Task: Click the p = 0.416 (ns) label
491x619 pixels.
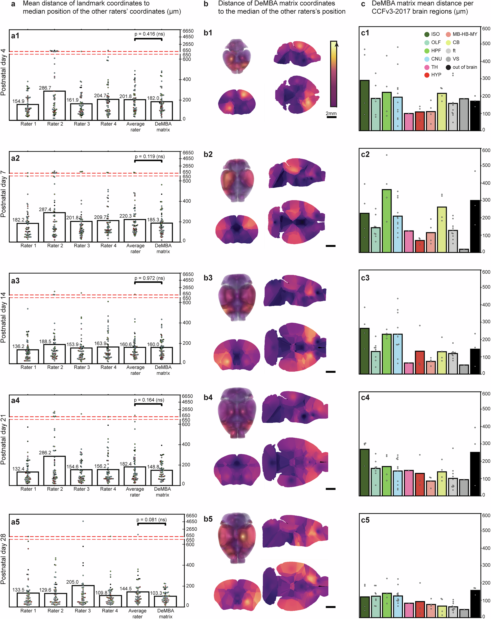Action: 149,34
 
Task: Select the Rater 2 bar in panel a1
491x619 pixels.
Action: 54,105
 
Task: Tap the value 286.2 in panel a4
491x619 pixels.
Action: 45,452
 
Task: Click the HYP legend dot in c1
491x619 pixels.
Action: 427,75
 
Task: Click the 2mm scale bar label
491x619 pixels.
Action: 331,113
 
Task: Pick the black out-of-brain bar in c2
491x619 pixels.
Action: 475,226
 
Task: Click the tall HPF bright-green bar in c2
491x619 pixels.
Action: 387,221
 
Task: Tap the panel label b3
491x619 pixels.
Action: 208,278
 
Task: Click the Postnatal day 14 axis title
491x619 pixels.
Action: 3,317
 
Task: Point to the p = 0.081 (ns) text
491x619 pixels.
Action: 151,520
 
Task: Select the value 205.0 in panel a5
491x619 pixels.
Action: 72,582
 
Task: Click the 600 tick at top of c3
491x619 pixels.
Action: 486,272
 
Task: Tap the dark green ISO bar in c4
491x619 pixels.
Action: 365,472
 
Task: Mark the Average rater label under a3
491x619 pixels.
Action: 135,370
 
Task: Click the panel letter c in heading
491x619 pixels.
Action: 363,4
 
